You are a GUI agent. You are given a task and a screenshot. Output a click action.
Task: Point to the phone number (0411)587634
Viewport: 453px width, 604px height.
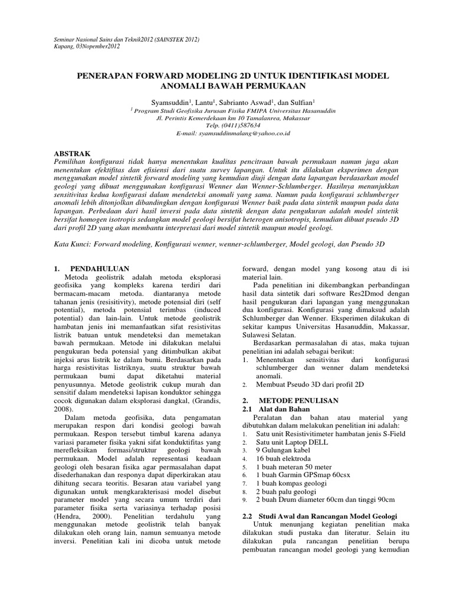235,126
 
